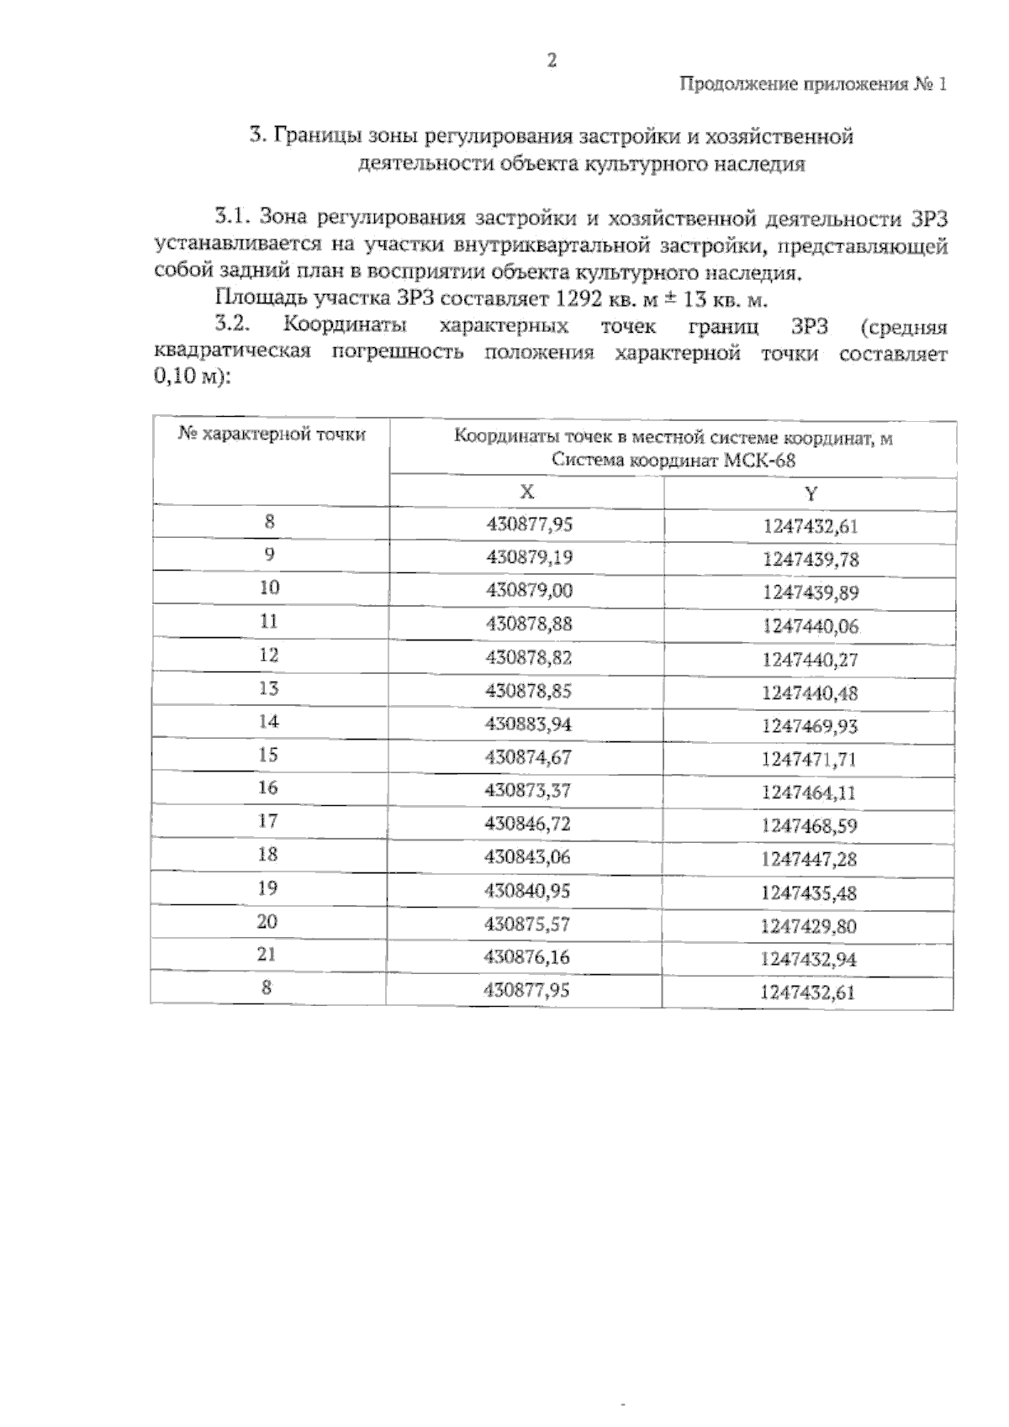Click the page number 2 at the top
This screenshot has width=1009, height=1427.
[x=552, y=60]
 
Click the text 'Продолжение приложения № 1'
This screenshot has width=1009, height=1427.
[x=812, y=85]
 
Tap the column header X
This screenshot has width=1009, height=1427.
[x=526, y=492]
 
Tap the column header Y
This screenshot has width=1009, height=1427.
[x=810, y=494]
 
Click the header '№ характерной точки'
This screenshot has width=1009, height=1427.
[x=272, y=434]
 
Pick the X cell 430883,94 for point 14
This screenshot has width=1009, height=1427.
[x=529, y=724]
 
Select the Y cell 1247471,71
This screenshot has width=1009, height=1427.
[x=809, y=760]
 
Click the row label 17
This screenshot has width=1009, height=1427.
[x=267, y=821]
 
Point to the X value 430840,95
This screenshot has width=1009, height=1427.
[x=527, y=890]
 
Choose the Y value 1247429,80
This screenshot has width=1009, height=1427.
[x=808, y=926]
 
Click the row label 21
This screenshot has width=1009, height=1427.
[x=267, y=955]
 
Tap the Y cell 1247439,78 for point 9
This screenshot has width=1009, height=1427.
[x=811, y=560]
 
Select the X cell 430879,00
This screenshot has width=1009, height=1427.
[x=529, y=591]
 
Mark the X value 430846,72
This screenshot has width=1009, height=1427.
[x=527, y=824]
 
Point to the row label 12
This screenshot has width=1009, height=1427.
[x=268, y=655]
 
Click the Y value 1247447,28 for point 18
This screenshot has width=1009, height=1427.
[x=809, y=860]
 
